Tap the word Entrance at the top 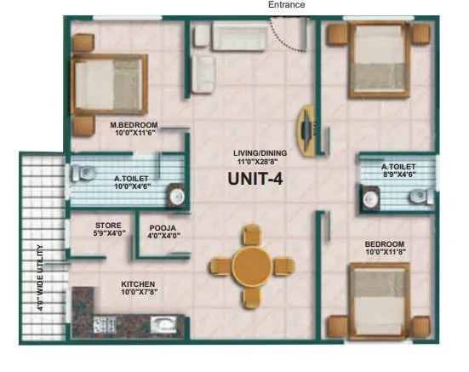[286, 5]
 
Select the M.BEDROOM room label [134, 124]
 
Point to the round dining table [251, 264]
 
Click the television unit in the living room [307, 130]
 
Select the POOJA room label [163, 228]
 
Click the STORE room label [108, 226]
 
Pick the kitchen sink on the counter [163, 323]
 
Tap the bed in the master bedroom [108, 83]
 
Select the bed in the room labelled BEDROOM [380, 301]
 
